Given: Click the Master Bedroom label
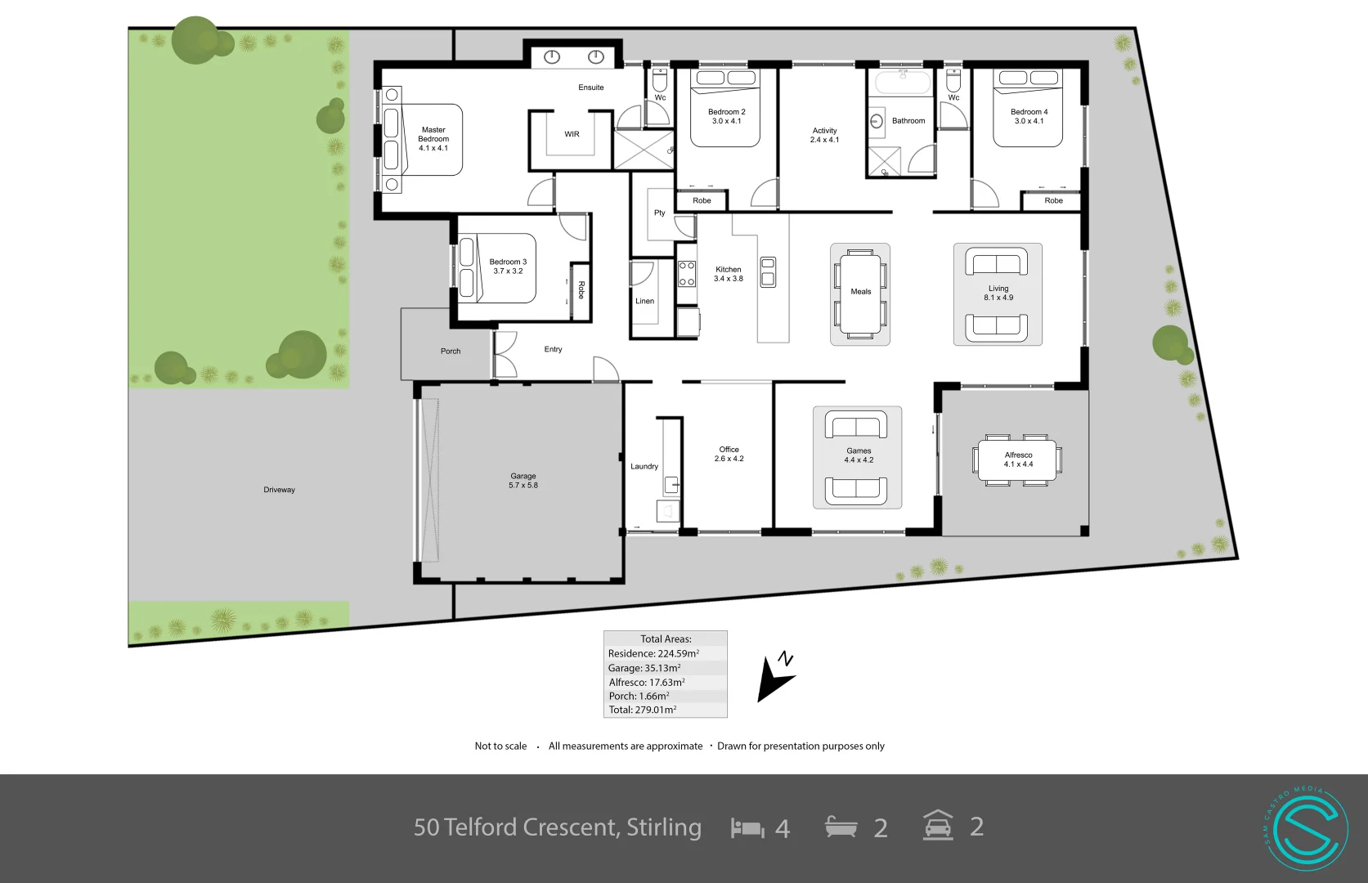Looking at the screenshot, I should pyautogui.click(x=433, y=139).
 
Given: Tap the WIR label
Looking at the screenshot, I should pyautogui.click(x=572, y=134).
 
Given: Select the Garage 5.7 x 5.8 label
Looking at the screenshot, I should pyautogui.click(x=523, y=481).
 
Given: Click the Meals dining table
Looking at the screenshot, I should pyautogui.click(x=860, y=294).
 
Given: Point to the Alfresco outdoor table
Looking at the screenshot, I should pyautogui.click(x=1018, y=460).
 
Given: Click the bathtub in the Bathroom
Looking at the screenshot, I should pyautogui.click(x=903, y=83).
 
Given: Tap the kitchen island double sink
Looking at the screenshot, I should pyautogui.click(x=768, y=272).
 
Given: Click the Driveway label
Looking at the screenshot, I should pyautogui.click(x=279, y=490).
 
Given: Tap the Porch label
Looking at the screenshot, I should pyautogui.click(x=451, y=351).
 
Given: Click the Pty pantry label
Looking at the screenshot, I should pyautogui.click(x=660, y=213).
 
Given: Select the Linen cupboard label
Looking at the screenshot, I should pyautogui.click(x=644, y=301).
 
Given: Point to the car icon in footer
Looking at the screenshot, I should pyautogui.click(x=938, y=826).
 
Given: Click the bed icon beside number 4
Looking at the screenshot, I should pyautogui.click(x=747, y=827).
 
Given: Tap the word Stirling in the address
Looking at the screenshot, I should pyautogui.click(x=663, y=827).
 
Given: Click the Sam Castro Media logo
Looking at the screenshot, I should pyautogui.click(x=1305, y=828).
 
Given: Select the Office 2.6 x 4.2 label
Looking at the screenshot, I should pyautogui.click(x=729, y=454).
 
